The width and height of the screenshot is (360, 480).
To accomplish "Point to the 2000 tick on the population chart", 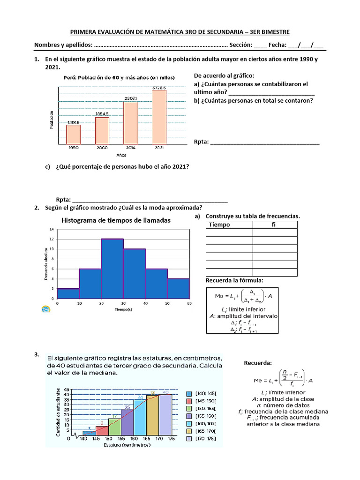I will click(x=102, y=148).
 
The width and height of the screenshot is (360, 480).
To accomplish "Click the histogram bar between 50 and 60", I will click(x=179, y=288).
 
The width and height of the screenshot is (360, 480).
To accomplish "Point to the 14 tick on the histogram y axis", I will click(x=52, y=229).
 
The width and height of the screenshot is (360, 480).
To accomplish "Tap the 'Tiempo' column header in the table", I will click(x=219, y=225).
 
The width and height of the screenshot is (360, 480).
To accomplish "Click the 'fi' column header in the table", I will click(x=274, y=225).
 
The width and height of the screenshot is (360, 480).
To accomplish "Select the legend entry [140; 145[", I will click(x=202, y=394).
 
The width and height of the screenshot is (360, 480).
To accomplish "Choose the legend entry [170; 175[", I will click(x=202, y=439).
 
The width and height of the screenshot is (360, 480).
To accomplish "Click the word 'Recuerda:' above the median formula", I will click(x=258, y=363).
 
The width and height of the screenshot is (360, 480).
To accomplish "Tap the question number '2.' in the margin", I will click(x=37, y=208).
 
